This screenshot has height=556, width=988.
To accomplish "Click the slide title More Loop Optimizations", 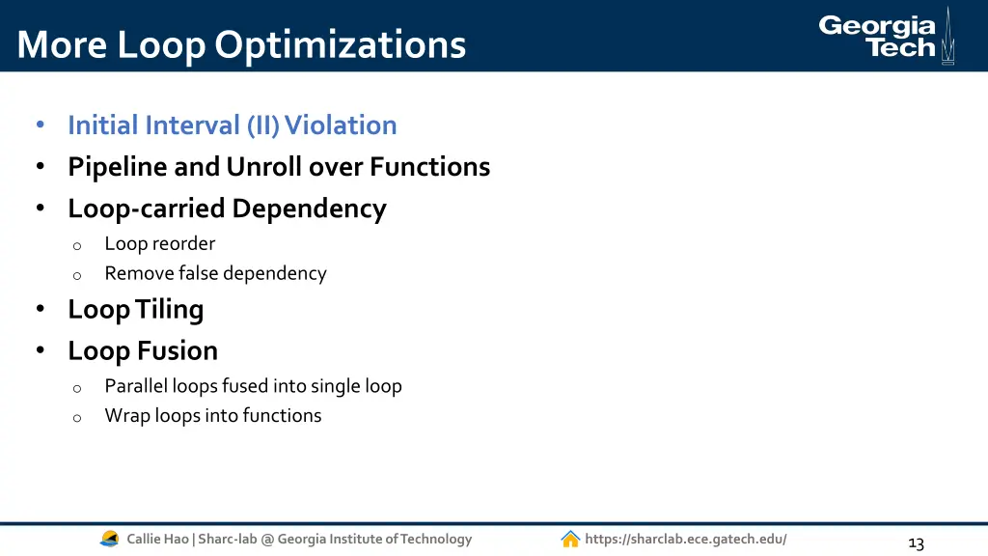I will point(241,44).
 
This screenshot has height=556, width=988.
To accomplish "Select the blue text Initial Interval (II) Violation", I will point(232,125).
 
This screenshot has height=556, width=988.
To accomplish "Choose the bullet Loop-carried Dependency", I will point(227,208).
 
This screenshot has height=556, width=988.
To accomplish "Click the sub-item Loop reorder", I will point(159,243).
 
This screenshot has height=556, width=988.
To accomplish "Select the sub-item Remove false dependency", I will point(215,273).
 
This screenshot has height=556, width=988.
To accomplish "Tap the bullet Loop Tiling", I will point(135,309).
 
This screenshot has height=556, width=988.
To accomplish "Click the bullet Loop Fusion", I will point(143,350).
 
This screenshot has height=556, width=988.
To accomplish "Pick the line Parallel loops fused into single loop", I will point(253,386).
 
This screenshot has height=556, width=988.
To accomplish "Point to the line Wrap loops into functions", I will point(213,416).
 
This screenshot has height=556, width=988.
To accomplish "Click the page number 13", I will point(916,543).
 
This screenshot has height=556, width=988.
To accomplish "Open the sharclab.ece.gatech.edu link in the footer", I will point(685,539).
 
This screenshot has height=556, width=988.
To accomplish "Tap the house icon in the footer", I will point(570,539).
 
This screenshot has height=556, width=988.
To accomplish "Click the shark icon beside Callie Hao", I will point(110,539).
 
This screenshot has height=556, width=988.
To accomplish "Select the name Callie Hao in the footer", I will point(159,539).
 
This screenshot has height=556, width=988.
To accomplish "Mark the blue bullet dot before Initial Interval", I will point(40,125).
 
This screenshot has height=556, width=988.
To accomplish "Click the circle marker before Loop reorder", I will point(76,245).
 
